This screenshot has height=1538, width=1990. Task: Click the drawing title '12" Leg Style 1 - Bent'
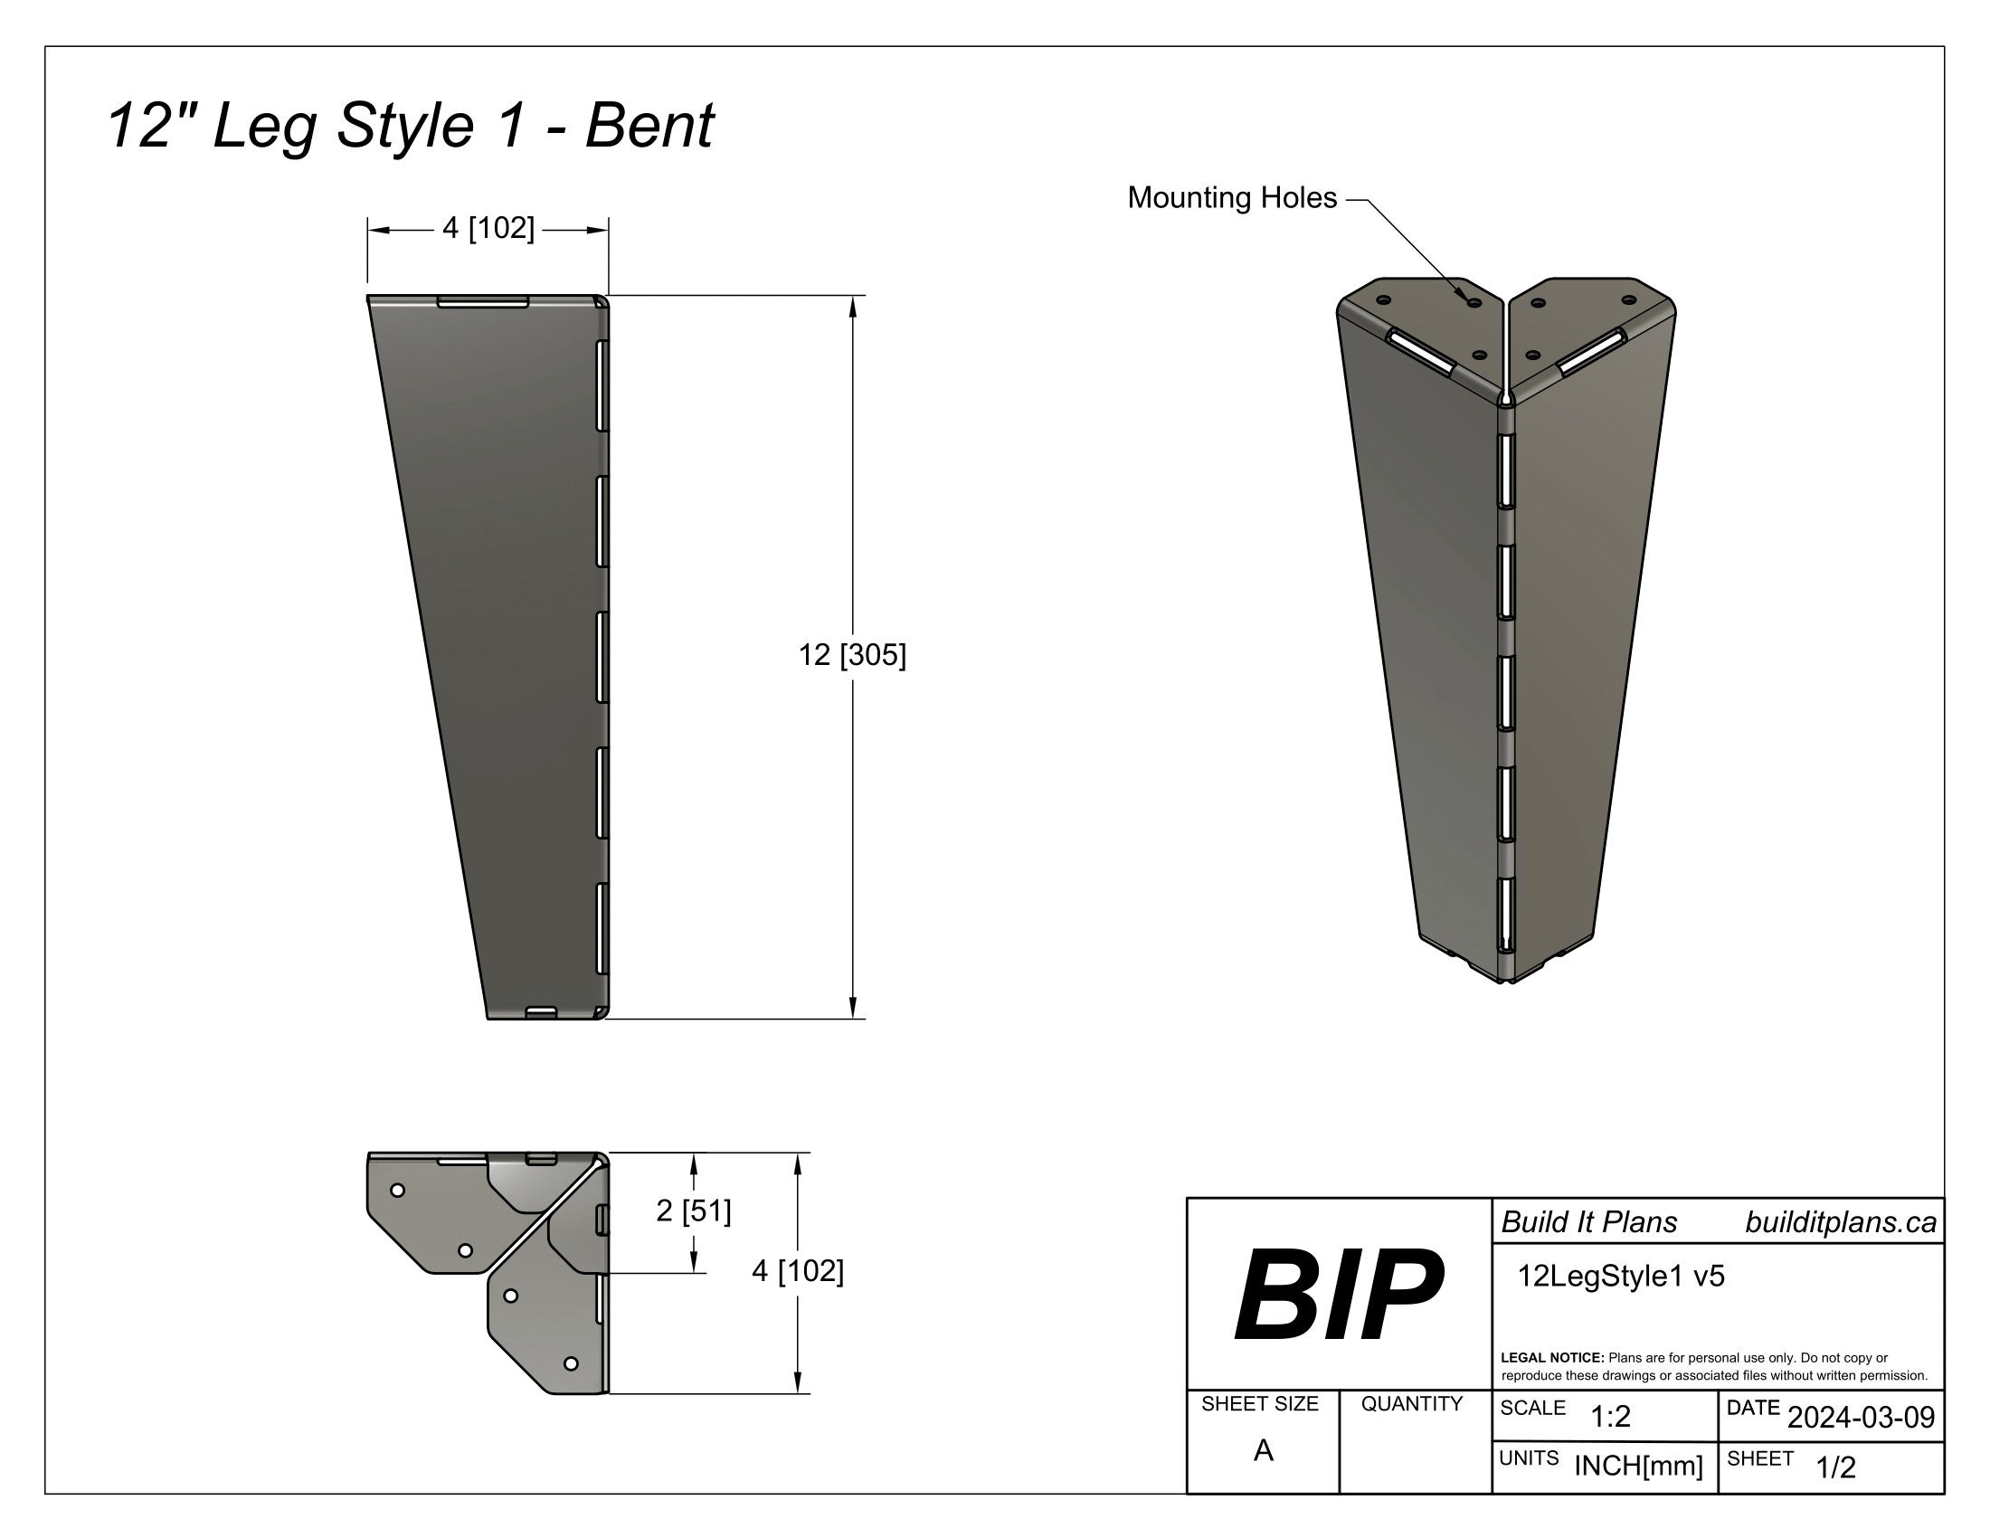pyautogui.click(x=410, y=125)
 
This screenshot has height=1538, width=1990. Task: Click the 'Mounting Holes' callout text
pyautogui.click(x=1232, y=198)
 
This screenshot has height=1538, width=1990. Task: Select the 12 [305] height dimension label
pyautogui.click(x=852, y=655)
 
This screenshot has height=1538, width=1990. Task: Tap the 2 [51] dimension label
pyautogui.click(x=694, y=1210)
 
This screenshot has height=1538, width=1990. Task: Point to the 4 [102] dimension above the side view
pyautogui.click(x=488, y=228)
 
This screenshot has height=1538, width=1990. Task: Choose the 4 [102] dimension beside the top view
pyautogui.click(x=797, y=1271)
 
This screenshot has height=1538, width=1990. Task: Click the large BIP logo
pyautogui.click(x=1338, y=1296)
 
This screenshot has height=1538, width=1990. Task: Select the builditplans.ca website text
pyautogui.click(x=1840, y=1223)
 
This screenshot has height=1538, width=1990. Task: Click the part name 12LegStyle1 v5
pyautogui.click(x=1620, y=1277)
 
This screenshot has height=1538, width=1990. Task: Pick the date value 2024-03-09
pyautogui.click(x=1861, y=1418)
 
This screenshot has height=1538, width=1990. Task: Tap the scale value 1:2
pyautogui.click(x=1610, y=1417)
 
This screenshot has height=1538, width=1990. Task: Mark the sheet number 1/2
pyautogui.click(x=1835, y=1467)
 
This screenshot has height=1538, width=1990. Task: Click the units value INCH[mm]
pyautogui.click(x=1638, y=1466)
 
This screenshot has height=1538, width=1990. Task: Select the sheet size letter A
pyautogui.click(x=1263, y=1450)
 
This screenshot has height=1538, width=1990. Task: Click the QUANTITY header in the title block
pyautogui.click(x=1411, y=1404)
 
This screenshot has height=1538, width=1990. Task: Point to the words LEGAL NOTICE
pyautogui.click(x=1551, y=1358)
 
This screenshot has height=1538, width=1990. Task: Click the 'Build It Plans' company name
pyautogui.click(x=1589, y=1223)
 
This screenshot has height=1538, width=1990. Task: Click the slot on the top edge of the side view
pyautogui.click(x=483, y=301)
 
